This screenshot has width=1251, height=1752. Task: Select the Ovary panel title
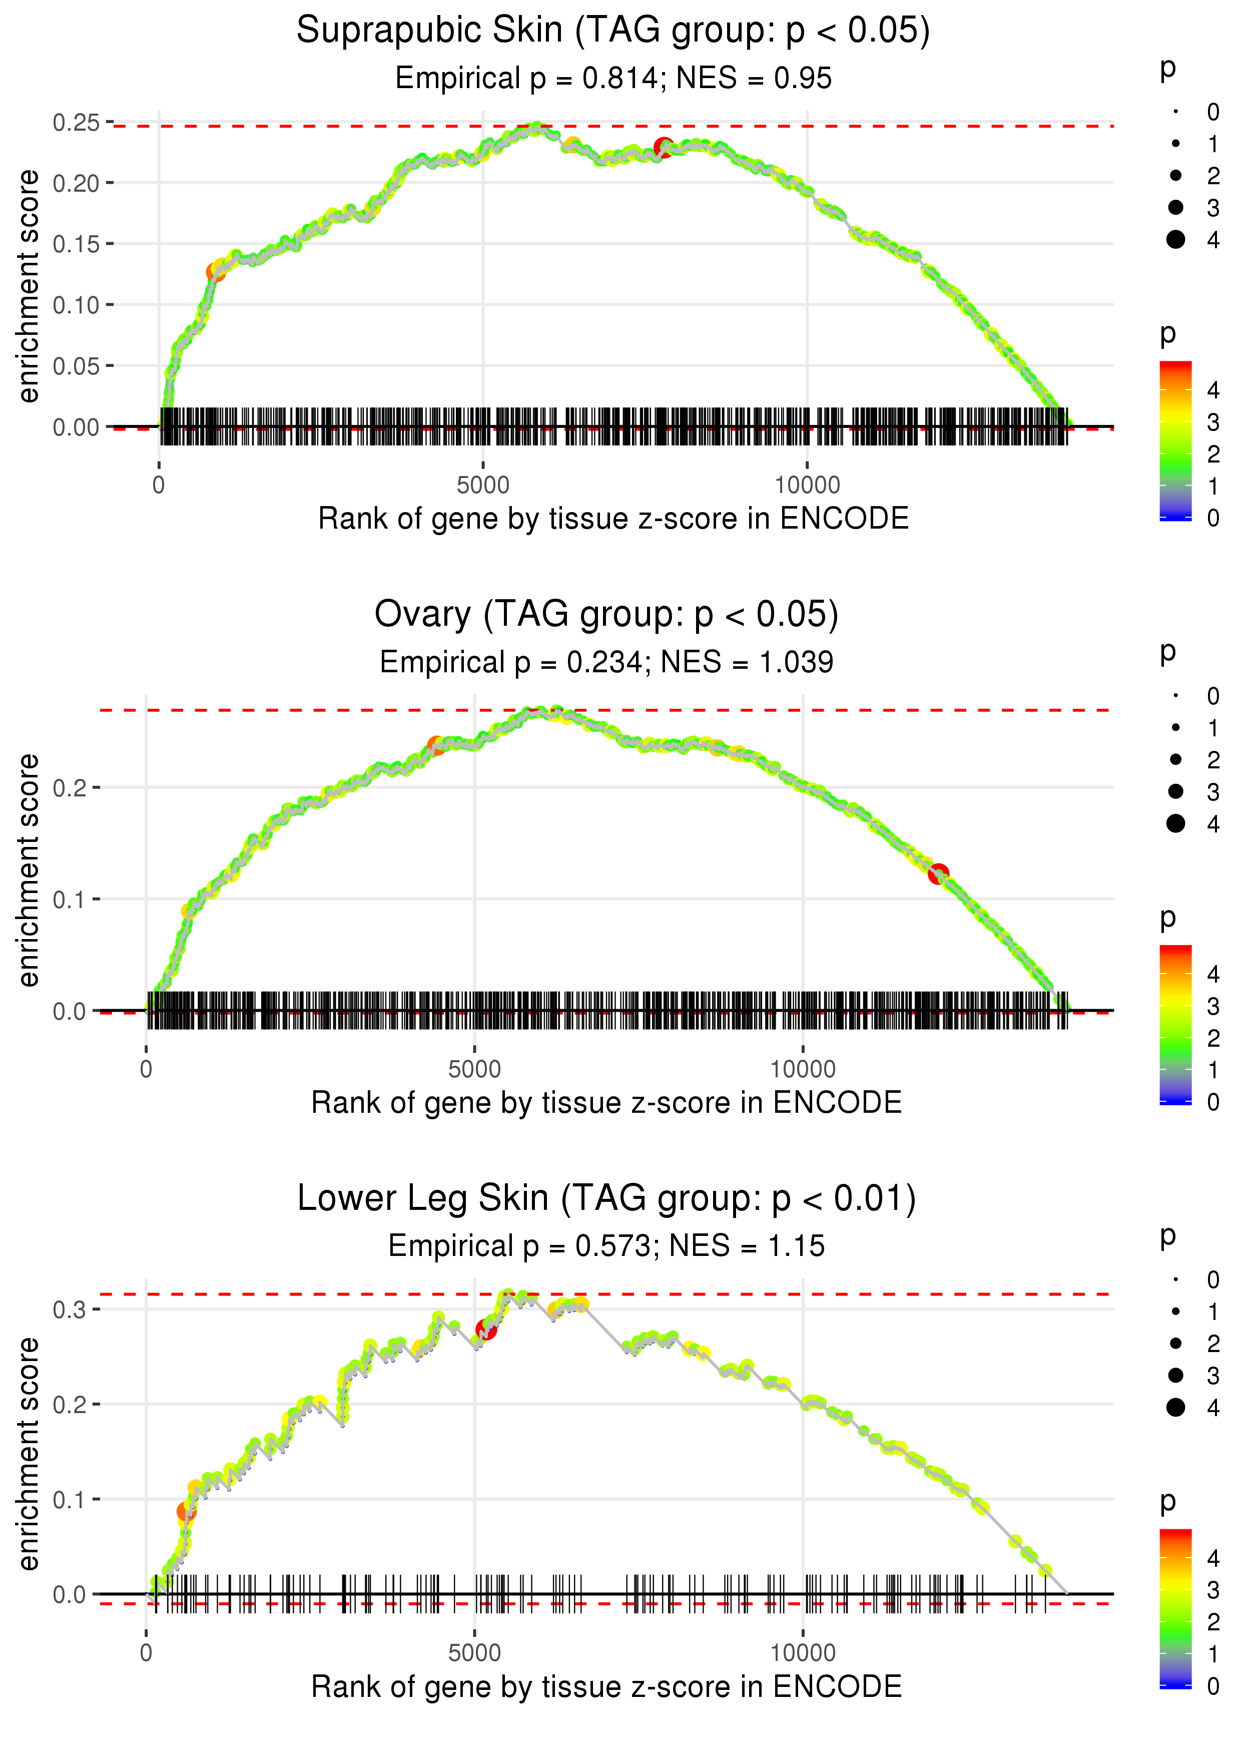point(606,615)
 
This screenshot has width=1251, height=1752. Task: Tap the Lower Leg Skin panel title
point(606,1199)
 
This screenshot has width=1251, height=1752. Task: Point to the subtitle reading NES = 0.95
point(754,79)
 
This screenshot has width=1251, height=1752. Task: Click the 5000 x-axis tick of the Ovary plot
point(474,1069)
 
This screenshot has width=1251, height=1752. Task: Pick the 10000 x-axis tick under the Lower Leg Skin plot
point(803,1653)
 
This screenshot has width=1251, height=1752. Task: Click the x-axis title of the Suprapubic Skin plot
point(613,519)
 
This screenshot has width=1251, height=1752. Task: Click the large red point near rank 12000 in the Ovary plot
point(937,873)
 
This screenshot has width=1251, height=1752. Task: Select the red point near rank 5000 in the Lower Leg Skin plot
point(486,1330)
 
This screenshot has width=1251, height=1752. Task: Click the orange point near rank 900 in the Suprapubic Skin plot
point(216,272)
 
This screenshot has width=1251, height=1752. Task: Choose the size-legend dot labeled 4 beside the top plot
point(1175,240)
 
